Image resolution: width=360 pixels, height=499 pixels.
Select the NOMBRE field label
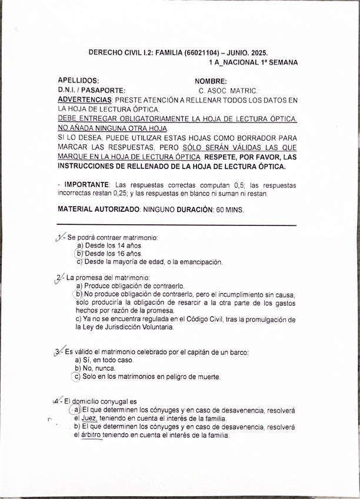211,81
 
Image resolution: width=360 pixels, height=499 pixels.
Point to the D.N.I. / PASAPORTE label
91,91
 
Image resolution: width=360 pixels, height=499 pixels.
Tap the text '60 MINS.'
230,209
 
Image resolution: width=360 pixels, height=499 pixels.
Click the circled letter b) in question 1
81,254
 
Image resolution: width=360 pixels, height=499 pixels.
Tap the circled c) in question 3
76,377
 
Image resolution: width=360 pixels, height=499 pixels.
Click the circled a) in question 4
76,410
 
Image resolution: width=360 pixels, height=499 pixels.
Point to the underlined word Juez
89,418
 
